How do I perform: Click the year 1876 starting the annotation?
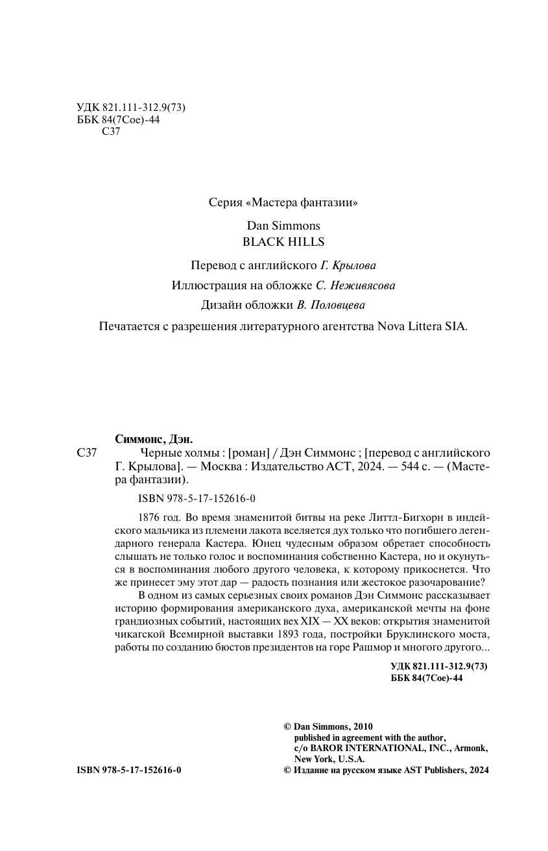[x=150, y=517]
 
